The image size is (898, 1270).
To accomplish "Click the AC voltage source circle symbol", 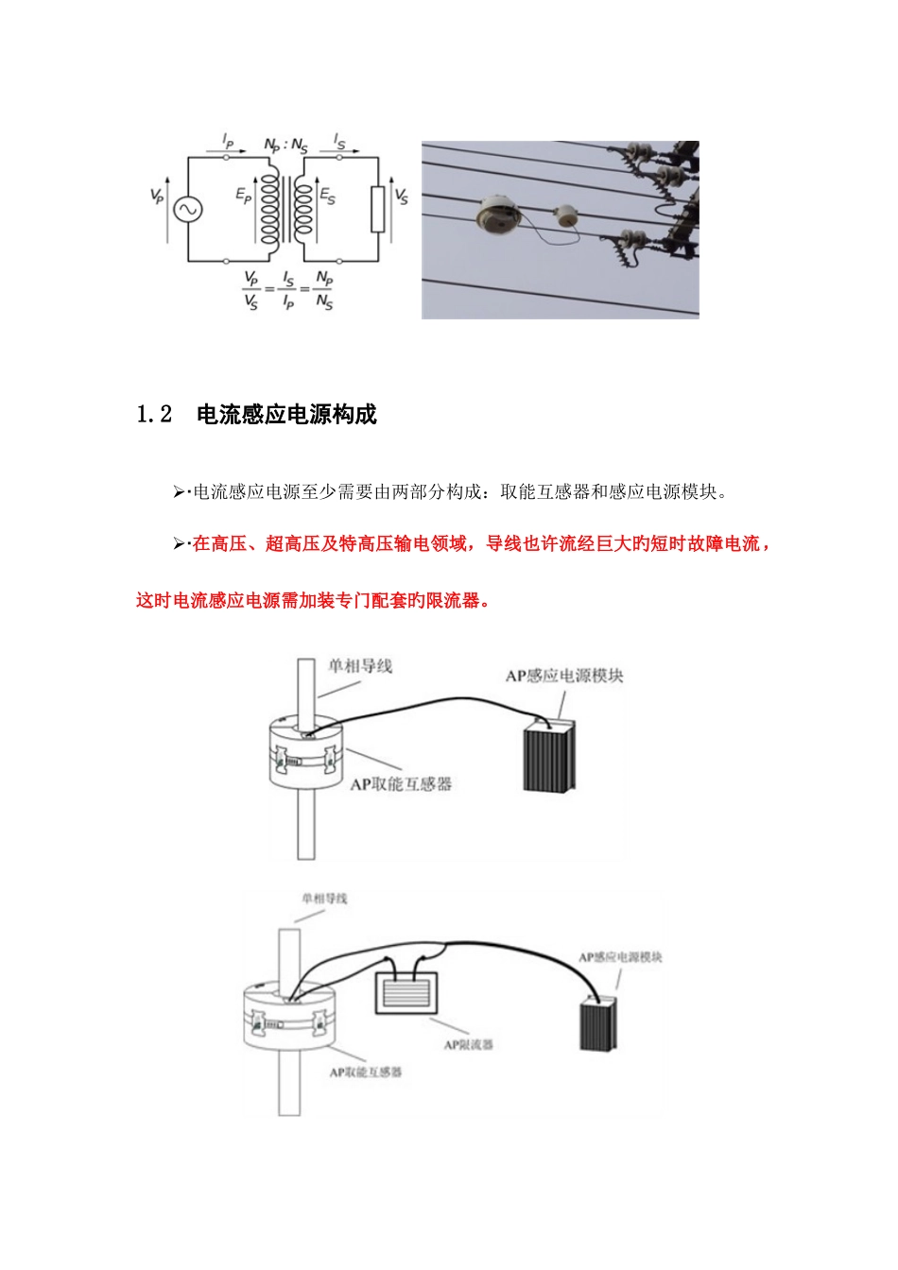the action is (x=186, y=209).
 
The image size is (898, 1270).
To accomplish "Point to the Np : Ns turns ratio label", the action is (x=285, y=146).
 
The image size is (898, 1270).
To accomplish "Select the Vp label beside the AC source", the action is (x=157, y=196).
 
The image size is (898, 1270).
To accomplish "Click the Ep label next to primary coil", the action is (x=244, y=196).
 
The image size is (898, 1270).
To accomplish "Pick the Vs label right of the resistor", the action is (x=402, y=196).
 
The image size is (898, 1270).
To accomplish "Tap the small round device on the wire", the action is (x=568, y=215).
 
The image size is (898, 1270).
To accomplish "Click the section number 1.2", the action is (x=155, y=415).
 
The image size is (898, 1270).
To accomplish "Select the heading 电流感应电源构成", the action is (x=286, y=415).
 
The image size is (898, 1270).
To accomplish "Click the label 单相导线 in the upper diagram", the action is (x=359, y=665).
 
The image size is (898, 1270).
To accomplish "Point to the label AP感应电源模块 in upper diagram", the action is (x=564, y=676).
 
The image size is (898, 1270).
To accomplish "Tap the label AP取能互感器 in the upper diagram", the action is (x=401, y=783).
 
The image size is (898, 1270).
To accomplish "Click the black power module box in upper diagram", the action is (x=549, y=758).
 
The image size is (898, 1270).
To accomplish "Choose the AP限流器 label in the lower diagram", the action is (x=469, y=1044).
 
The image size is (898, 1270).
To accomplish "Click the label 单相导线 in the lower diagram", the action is (x=324, y=898).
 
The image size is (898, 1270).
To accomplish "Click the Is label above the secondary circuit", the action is (x=340, y=142).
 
